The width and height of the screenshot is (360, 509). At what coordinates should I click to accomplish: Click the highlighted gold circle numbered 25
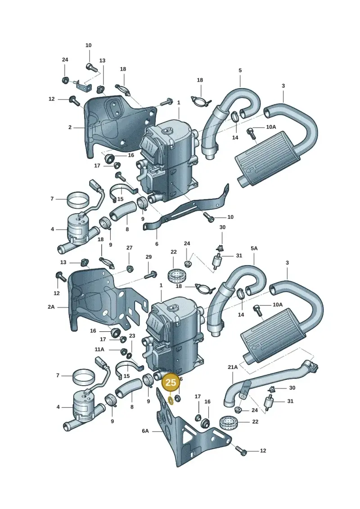point(171,383)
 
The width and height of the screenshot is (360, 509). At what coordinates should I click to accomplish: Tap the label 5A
point(254,248)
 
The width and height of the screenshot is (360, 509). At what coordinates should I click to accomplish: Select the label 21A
point(233,367)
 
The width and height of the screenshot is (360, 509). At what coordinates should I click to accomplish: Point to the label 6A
point(145,431)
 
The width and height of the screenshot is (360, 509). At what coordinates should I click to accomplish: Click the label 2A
point(51,307)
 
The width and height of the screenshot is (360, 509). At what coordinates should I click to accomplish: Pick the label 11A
point(99,350)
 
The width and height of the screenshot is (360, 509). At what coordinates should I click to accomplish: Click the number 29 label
point(148,257)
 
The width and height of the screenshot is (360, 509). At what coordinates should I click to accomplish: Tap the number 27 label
point(129,248)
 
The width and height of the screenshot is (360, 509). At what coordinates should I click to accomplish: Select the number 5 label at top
point(240,70)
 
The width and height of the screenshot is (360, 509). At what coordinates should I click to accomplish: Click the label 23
point(132,336)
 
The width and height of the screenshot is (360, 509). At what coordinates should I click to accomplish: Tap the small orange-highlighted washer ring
point(171,401)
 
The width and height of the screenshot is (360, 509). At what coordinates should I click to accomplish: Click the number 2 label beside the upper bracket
point(70,127)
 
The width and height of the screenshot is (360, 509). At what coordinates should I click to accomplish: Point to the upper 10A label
point(271,127)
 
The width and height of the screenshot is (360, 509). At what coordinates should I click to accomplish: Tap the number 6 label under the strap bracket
point(157,244)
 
